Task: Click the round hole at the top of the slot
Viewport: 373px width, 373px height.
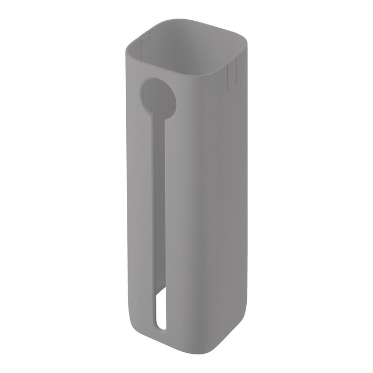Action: pos(154,94)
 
